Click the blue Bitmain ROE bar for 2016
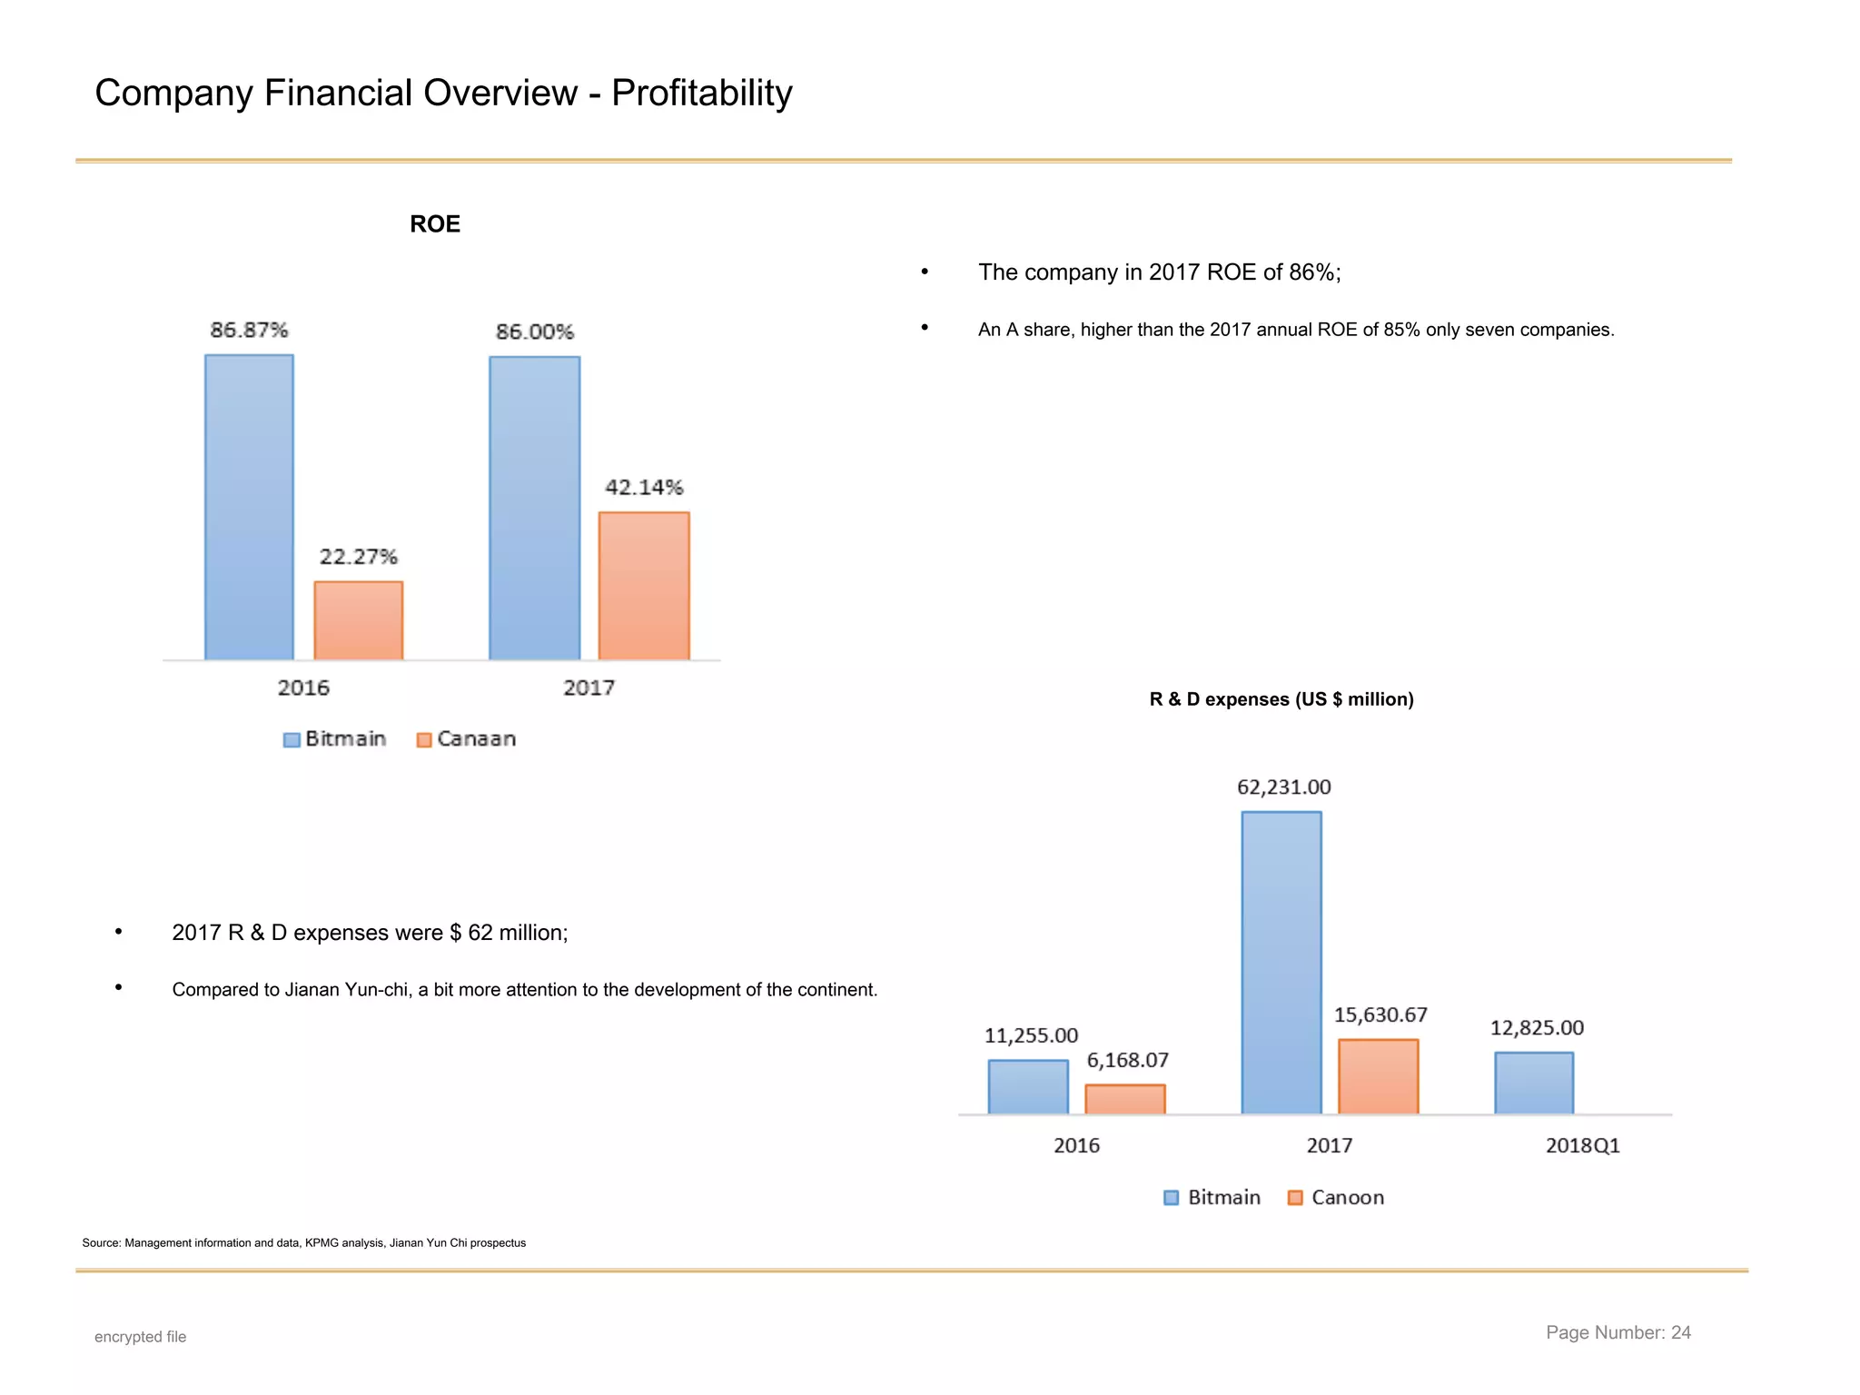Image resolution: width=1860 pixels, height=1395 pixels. pos(249,507)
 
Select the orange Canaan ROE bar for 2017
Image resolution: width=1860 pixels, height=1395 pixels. pos(644,586)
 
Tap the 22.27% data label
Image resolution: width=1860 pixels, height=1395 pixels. pos(358,557)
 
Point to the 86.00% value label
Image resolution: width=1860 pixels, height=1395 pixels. pos(534,331)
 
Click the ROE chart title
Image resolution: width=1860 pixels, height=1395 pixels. pos(434,224)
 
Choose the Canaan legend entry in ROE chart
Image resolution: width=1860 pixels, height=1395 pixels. pos(467,739)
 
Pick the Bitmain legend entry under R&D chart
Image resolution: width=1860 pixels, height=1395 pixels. pos(1212,1198)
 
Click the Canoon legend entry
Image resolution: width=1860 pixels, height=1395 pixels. pos(1337,1198)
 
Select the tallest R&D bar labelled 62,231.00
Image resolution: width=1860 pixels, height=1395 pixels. pos(1281,963)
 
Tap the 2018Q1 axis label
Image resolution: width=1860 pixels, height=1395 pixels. pos(1582,1146)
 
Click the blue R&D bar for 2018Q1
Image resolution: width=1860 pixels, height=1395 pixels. pos(1534,1083)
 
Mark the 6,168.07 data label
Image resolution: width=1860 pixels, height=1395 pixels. pos(1127,1061)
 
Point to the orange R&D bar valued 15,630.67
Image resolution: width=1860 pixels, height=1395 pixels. pos(1378,1077)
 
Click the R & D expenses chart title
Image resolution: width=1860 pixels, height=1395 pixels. pos(1281,699)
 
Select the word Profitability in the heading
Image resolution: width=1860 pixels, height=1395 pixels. pos(701,94)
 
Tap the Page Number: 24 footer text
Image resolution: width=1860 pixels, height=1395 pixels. pos(1618,1332)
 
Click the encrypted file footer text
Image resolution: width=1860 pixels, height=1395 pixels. pos(140,1337)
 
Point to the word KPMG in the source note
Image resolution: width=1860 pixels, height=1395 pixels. pos(321,1243)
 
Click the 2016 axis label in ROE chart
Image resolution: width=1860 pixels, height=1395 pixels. pos(303,688)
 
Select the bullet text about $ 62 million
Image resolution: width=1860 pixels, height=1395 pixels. pos(370,933)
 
